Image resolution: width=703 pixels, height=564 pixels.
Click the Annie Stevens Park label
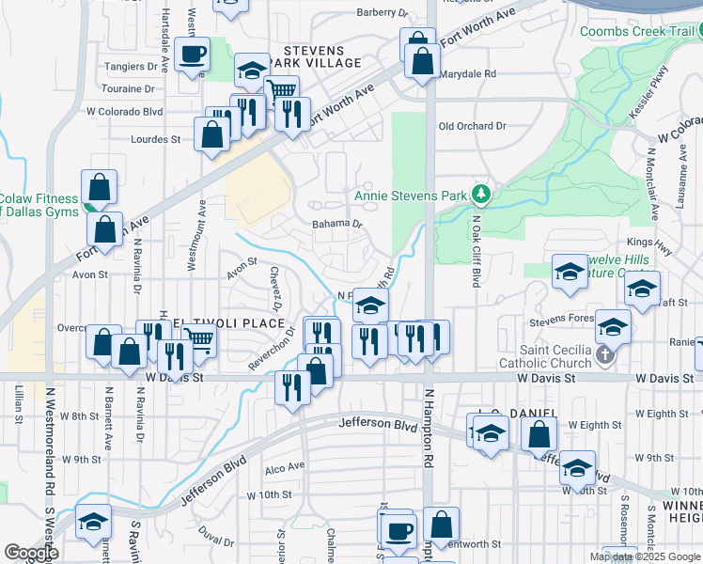(410, 196)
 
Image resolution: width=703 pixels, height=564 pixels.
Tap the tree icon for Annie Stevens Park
(482, 195)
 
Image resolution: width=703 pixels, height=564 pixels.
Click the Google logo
(31, 552)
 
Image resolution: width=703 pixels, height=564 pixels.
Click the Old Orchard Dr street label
(472, 126)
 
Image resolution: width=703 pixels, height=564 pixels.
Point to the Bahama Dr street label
(337, 225)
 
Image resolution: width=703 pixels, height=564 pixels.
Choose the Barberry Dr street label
(383, 13)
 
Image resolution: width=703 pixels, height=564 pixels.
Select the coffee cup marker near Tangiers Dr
(193, 55)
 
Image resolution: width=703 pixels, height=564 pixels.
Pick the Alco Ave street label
(285, 467)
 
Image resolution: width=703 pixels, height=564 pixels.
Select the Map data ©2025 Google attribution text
(645, 556)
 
